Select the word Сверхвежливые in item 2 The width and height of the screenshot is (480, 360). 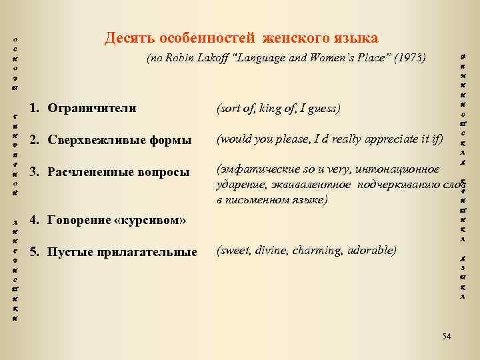[x=92, y=141]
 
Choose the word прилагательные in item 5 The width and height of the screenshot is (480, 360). [x=155, y=252]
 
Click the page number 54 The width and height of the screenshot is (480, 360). [x=446, y=337]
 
